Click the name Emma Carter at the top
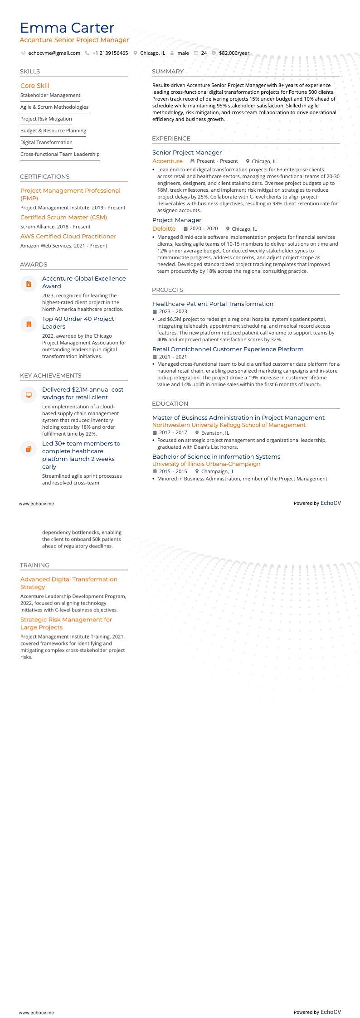(x=67, y=28)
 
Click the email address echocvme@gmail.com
(x=54, y=53)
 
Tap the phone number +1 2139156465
(x=110, y=53)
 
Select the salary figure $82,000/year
(x=234, y=53)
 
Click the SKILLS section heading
(x=30, y=72)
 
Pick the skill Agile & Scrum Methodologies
(x=54, y=107)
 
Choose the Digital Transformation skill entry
(x=46, y=143)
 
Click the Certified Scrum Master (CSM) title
(x=63, y=218)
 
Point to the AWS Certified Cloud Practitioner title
(x=68, y=237)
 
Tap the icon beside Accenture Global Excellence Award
(x=29, y=284)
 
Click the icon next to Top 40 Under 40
(x=29, y=324)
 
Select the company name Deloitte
(x=164, y=229)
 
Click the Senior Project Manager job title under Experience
(x=187, y=153)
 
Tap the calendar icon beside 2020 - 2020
(x=185, y=229)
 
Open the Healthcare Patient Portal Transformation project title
(x=213, y=304)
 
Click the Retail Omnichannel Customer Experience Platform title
(x=228, y=349)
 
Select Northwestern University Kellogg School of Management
(x=229, y=425)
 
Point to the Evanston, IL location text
(x=215, y=433)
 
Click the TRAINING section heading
(x=34, y=565)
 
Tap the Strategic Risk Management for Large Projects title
(x=66, y=623)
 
